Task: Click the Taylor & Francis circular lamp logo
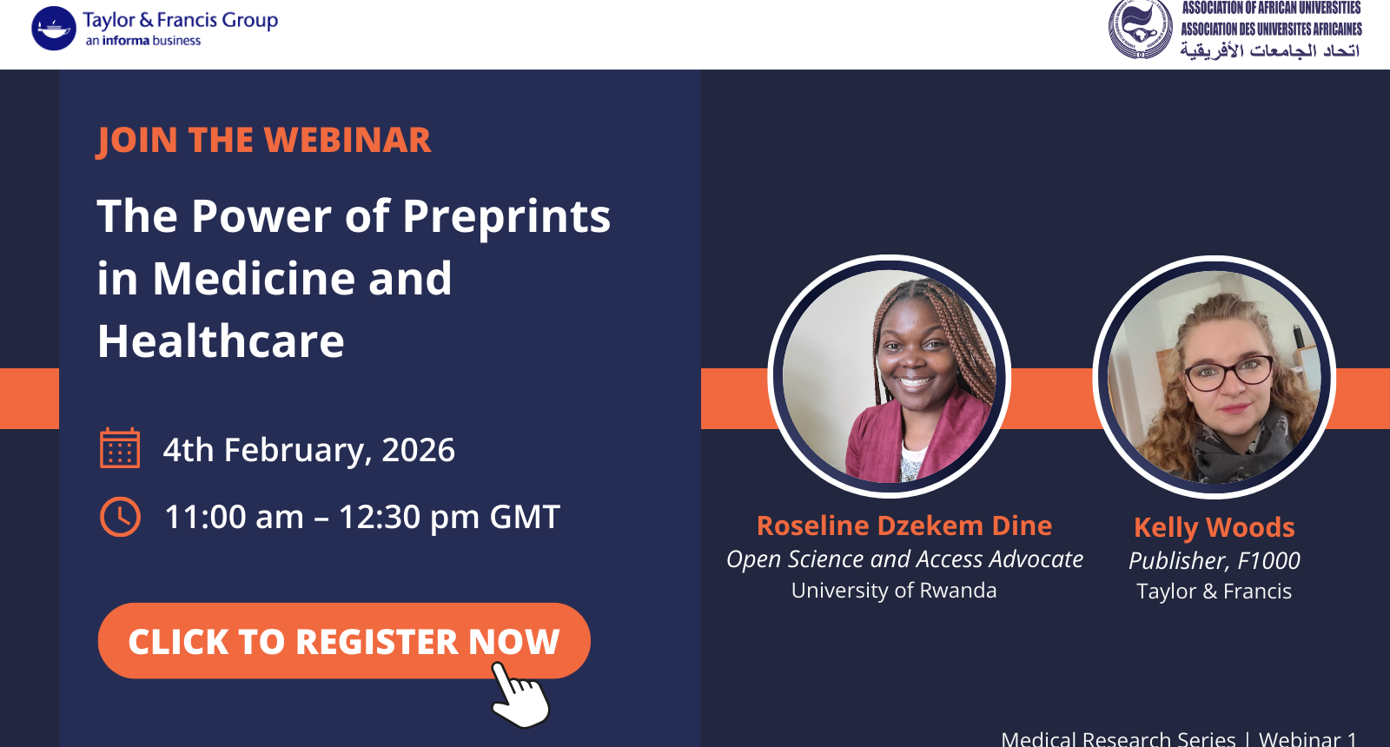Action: (x=54, y=29)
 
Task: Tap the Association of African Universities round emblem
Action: (x=1140, y=29)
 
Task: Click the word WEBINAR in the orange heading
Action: (x=347, y=140)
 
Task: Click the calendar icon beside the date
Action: (x=120, y=447)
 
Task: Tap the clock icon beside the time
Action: (x=121, y=516)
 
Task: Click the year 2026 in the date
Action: (x=418, y=450)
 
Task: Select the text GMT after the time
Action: (x=525, y=517)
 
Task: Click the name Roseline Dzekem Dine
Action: (x=904, y=526)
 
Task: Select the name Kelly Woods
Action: (x=1215, y=528)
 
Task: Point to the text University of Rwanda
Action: (x=894, y=590)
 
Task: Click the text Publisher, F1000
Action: (x=1215, y=561)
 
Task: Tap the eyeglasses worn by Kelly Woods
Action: (x=1228, y=373)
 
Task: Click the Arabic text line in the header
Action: (x=1269, y=50)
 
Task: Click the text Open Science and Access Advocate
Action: (x=904, y=559)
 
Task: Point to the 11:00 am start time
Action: (x=234, y=517)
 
